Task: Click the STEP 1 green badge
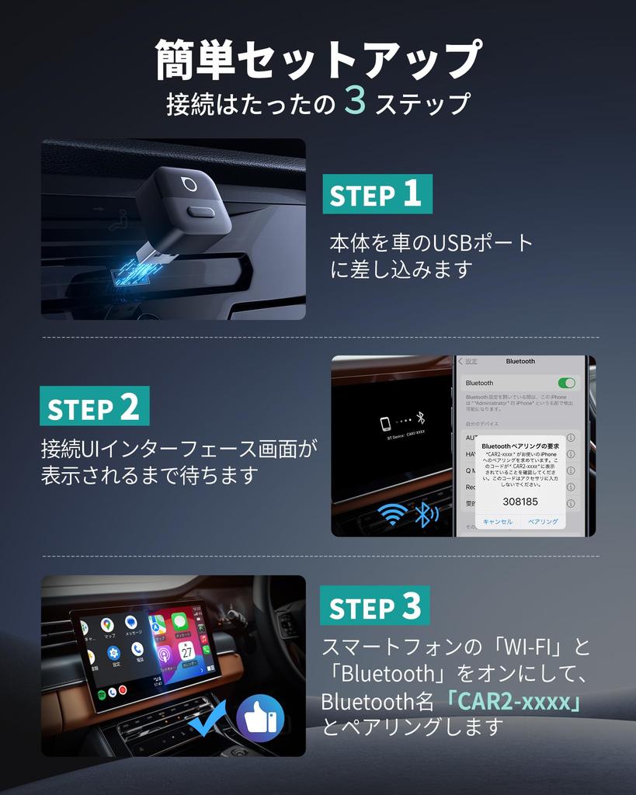[377, 194]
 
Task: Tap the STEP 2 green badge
[95, 406]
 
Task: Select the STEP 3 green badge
[374, 606]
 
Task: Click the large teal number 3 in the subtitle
[354, 102]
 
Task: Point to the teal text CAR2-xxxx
[513, 702]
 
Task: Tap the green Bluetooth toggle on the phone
[566, 383]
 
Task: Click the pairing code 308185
[520, 502]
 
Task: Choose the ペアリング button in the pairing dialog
[543, 522]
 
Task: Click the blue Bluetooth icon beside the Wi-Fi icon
[425, 514]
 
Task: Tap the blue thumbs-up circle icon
[259, 719]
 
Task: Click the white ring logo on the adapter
[188, 184]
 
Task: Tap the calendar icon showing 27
[187, 651]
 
